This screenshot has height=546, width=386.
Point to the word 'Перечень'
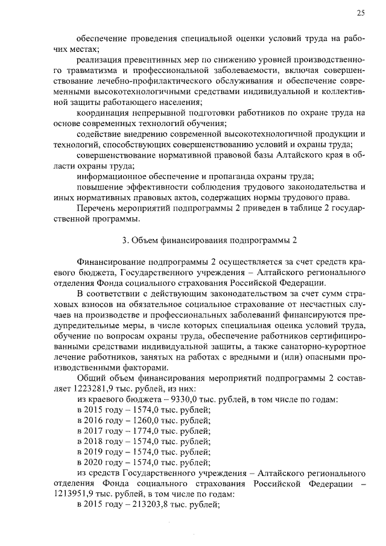(x=96, y=208)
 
